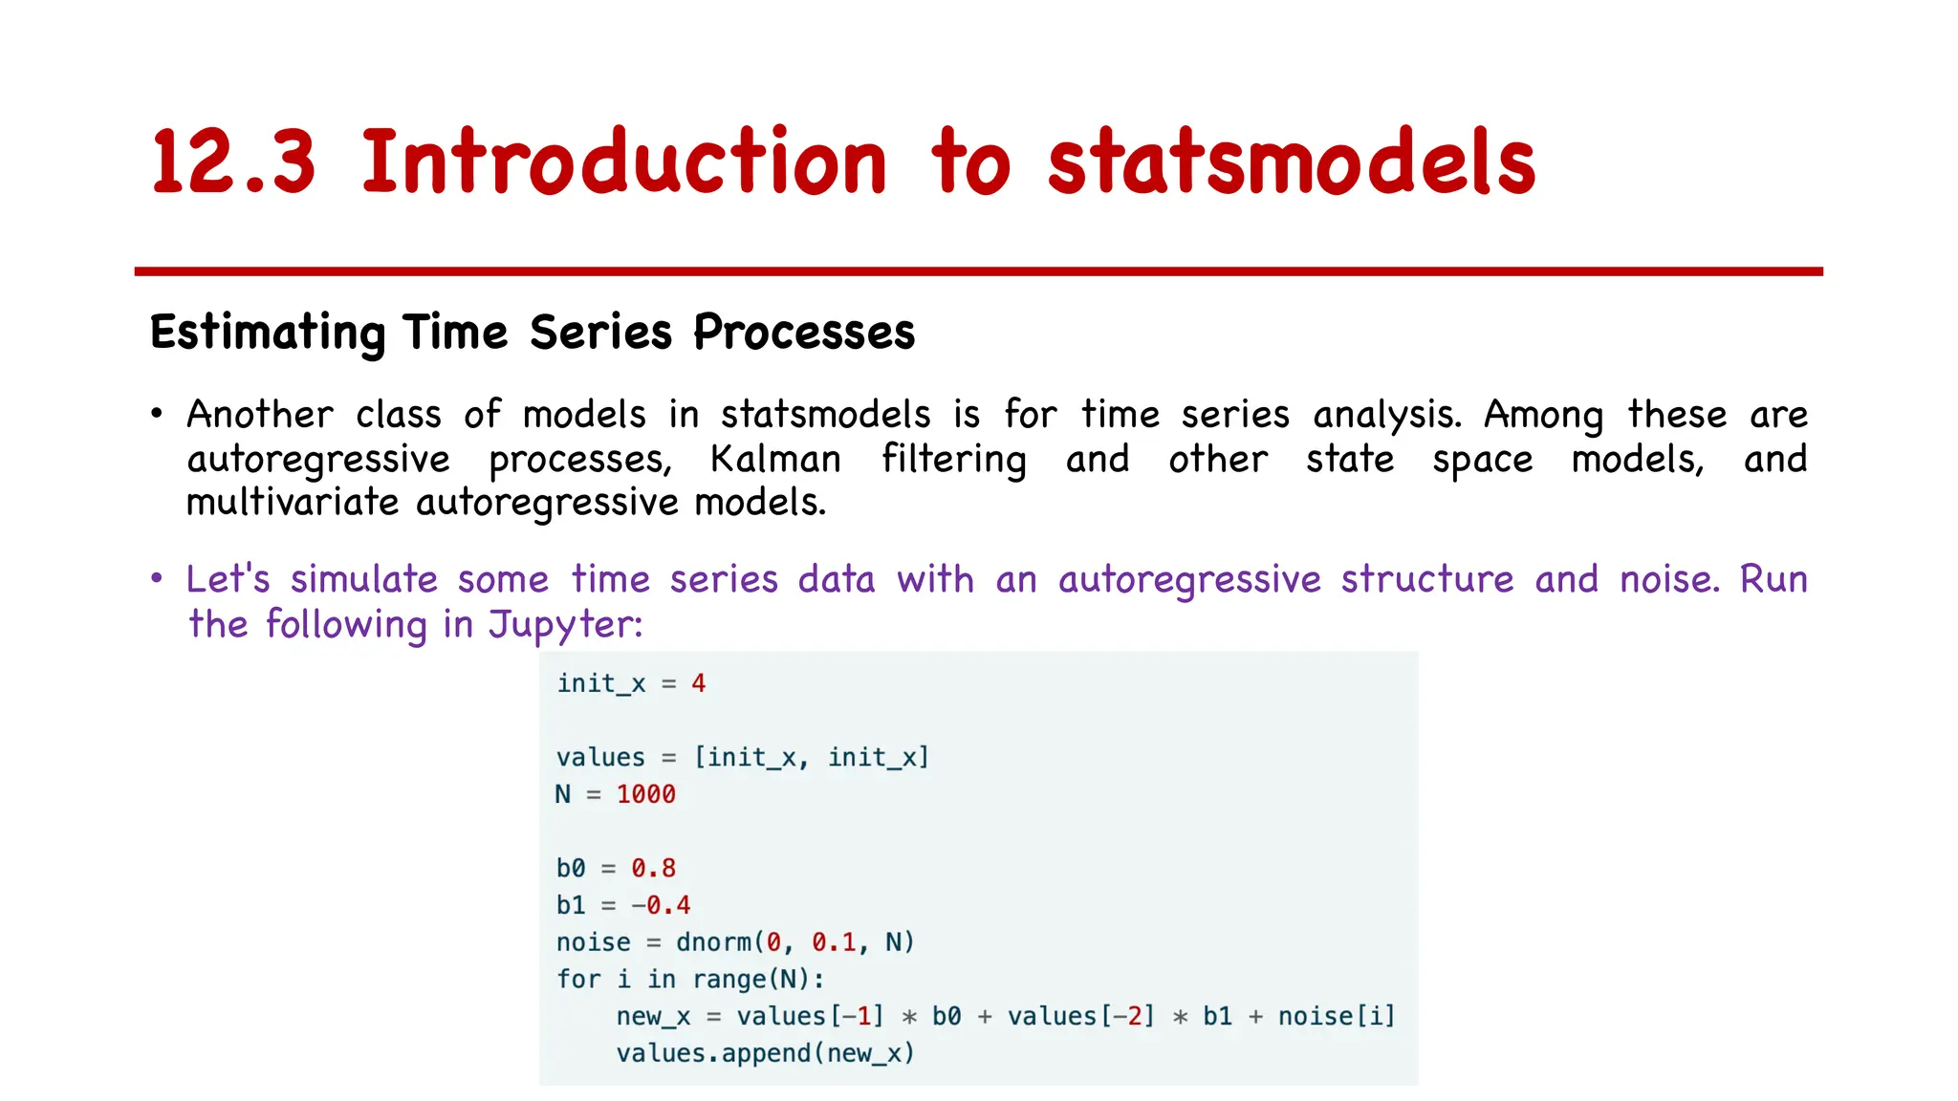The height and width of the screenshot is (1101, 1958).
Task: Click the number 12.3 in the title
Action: pos(232,162)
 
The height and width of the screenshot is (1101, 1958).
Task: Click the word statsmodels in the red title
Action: pos(1291,162)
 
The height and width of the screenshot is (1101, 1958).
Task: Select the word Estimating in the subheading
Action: pos(267,334)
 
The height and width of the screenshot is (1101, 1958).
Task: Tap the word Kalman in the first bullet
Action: pos(775,460)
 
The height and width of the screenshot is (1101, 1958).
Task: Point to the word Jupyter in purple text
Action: pos(565,625)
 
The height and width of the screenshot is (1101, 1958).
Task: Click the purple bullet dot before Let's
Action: pos(157,579)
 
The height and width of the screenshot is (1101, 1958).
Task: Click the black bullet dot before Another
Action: pos(157,415)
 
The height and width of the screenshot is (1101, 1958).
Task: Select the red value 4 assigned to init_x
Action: pos(699,683)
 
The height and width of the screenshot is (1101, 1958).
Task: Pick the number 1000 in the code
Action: pos(645,794)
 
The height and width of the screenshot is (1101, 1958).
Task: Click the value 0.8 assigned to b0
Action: pos(653,868)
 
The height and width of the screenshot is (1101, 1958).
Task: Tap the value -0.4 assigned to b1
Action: pos(661,905)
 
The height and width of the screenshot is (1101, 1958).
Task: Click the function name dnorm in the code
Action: pos(713,942)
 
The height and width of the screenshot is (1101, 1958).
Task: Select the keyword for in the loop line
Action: pos(578,980)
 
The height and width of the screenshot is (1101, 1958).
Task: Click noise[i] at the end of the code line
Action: pos(1337,1016)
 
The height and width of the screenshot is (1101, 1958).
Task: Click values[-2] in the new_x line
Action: pos(1080,1016)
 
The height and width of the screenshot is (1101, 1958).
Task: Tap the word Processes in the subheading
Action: pos(804,334)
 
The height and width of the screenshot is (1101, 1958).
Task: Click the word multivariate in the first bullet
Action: pos(293,503)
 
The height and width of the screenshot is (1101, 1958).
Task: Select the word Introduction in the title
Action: pos(624,162)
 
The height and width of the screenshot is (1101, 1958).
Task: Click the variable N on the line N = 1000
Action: pos(563,794)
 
